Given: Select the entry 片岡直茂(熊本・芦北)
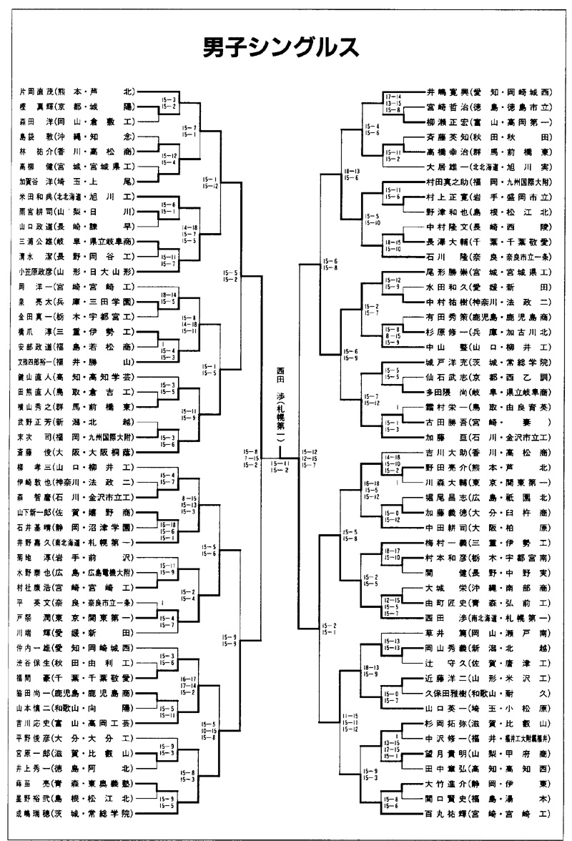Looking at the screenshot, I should tap(76, 92).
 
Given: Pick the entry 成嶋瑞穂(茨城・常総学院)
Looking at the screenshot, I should tap(76, 814).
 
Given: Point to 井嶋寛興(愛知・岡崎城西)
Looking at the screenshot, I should tap(488, 92).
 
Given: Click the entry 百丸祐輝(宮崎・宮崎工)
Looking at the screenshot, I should tap(488, 814).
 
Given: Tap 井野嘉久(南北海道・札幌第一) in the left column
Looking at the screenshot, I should tap(76, 541).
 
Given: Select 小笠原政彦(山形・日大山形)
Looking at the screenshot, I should tap(76, 271).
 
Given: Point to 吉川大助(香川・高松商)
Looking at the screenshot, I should tap(488, 452).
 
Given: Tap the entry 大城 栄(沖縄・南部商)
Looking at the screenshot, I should tap(488, 587).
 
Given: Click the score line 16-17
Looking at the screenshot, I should tap(189, 677).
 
